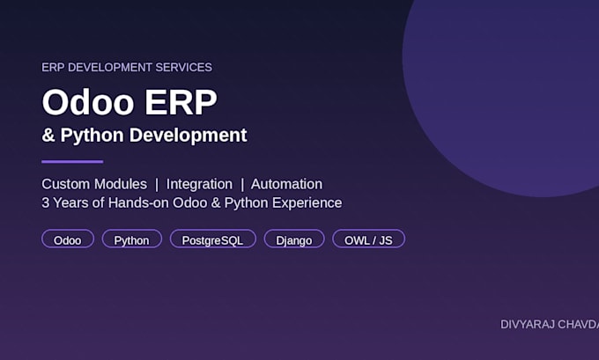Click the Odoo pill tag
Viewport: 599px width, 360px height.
(x=68, y=239)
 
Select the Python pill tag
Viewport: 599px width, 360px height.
(x=132, y=239)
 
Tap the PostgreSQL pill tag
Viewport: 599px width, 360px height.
(x=213, y=239)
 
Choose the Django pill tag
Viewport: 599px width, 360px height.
(x=294, y=239)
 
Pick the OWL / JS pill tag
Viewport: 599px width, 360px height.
(x=368, y=239)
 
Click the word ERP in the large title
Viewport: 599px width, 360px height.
(x=181, y=102)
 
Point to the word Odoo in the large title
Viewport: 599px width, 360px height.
(x=88, y=102)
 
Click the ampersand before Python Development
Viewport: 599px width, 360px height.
(x=48, y=136)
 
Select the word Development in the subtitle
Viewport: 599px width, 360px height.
(x=189, y=136)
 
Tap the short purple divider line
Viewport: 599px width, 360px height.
(x=72, y=161)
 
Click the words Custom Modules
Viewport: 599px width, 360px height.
(x=94, y=184)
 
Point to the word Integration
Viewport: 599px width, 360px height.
(x=199, y=184)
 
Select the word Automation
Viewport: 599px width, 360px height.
(x=286, y=184)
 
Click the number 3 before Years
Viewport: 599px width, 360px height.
(x=46, y=202)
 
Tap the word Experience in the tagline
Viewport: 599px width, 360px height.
(x=307, y=203)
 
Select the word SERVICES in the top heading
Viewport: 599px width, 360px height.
(x=184, y=67)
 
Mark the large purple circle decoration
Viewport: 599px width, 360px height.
(x=501, y=99)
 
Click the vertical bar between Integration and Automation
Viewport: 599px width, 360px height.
(x=242, y=185)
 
